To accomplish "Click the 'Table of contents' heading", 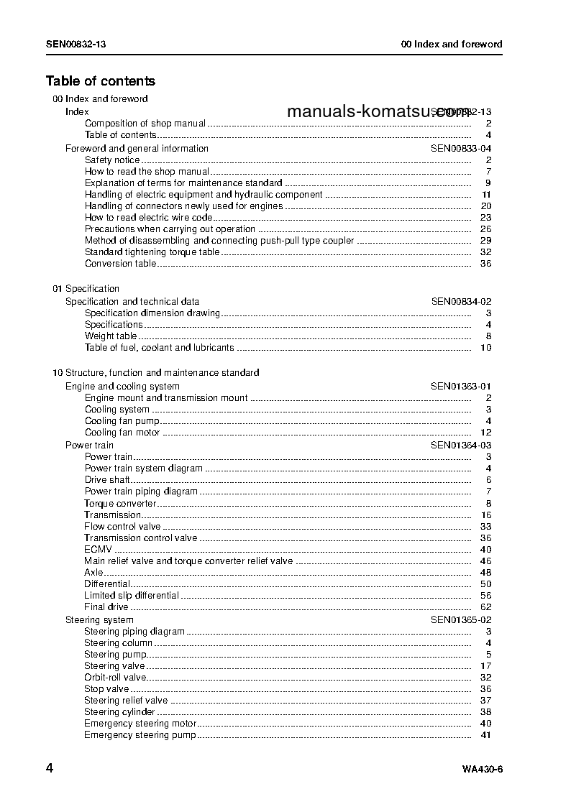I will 100,81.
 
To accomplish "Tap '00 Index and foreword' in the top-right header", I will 451,44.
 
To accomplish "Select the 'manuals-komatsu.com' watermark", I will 378,111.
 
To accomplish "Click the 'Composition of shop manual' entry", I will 145,124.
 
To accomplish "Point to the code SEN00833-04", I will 461,149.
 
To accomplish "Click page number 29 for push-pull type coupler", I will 485,241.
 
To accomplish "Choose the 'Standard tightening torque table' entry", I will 152,252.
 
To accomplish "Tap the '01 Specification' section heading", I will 86,289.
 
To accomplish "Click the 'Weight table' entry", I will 111,336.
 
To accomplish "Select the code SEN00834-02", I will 461,302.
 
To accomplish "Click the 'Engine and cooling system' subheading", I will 122,387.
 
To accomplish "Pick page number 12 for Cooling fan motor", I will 485,433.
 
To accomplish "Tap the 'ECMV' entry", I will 98,550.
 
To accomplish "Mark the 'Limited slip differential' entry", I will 132,596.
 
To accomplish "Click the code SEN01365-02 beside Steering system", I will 461,620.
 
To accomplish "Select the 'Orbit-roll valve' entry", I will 115,678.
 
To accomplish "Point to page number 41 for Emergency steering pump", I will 485,735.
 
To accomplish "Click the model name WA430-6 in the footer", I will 482,770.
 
